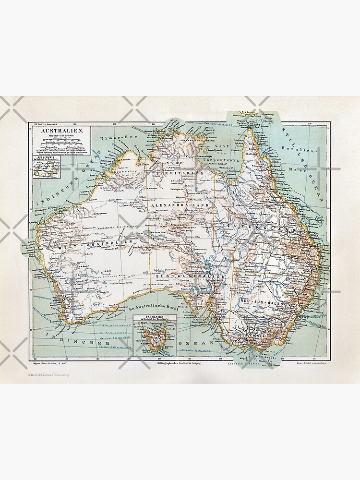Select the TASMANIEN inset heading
pyautogui.click(x=155, y=317)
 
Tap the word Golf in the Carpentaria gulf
pyautogui.click(x=220, y=153)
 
